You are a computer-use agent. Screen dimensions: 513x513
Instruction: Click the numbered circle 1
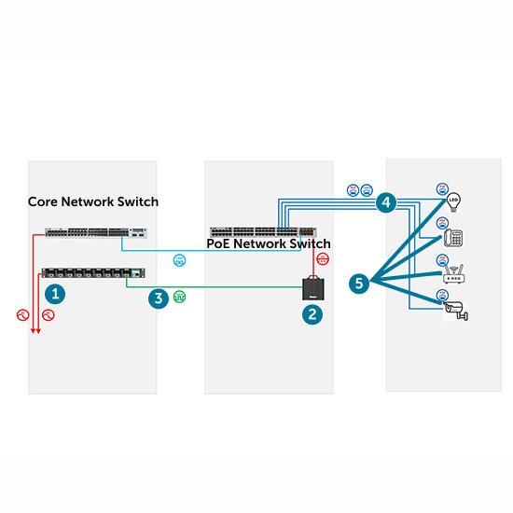pos(57,294)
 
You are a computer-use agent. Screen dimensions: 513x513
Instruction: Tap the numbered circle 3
pos(159,298)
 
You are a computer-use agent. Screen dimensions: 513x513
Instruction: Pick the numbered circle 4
pos(385,201)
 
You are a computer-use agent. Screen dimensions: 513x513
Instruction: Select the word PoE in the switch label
pos(219,244)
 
